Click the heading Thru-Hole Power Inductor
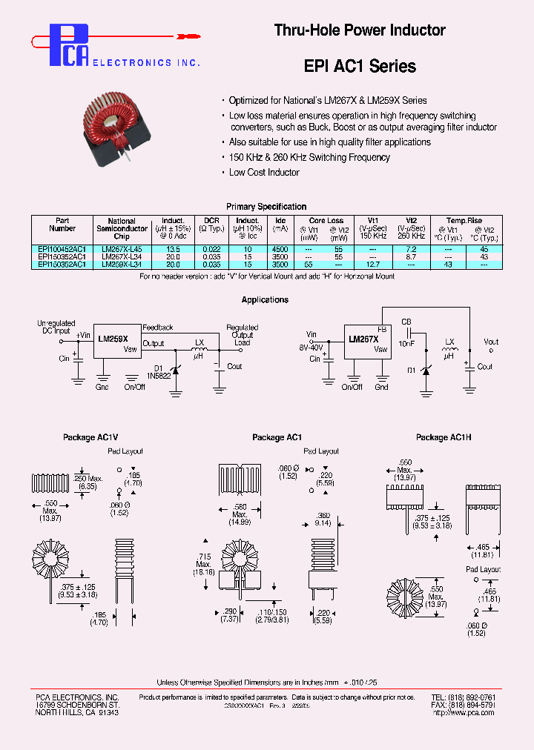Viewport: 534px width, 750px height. [360, 30]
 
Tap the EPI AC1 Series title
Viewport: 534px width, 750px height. [360, 66]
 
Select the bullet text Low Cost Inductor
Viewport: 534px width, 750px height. [264, 172]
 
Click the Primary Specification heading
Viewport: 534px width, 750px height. [266, 207]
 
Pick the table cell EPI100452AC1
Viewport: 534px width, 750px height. [62, 249]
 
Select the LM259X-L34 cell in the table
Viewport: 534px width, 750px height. [122, 263]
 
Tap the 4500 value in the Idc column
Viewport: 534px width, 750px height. [280, 249]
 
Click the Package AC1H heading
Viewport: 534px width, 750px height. [442, 438]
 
